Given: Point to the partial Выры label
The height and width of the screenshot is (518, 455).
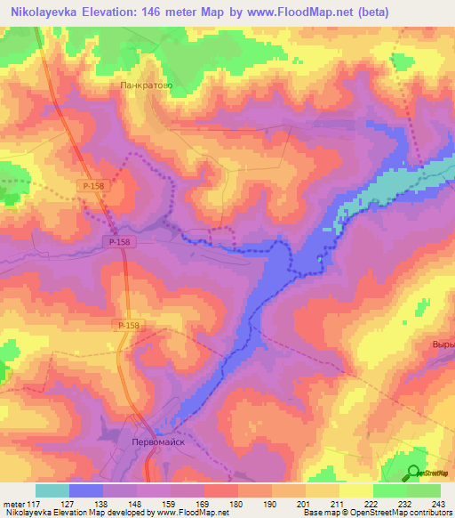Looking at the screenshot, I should pos(442,344).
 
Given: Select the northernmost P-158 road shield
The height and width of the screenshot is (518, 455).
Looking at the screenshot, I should pos(89,185).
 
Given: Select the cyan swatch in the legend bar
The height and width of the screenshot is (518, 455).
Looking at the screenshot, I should pos(52,490).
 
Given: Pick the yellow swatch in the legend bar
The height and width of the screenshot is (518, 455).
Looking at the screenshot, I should pos(355,490).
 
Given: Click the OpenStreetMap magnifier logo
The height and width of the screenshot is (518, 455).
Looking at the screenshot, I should pos(412,473).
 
